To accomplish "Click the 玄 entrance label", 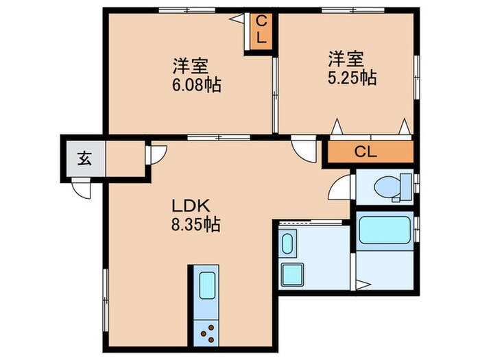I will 84,159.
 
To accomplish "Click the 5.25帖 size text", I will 350,77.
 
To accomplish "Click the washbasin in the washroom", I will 287,244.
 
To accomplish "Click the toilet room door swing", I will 341,184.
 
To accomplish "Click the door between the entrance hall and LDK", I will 154,154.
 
